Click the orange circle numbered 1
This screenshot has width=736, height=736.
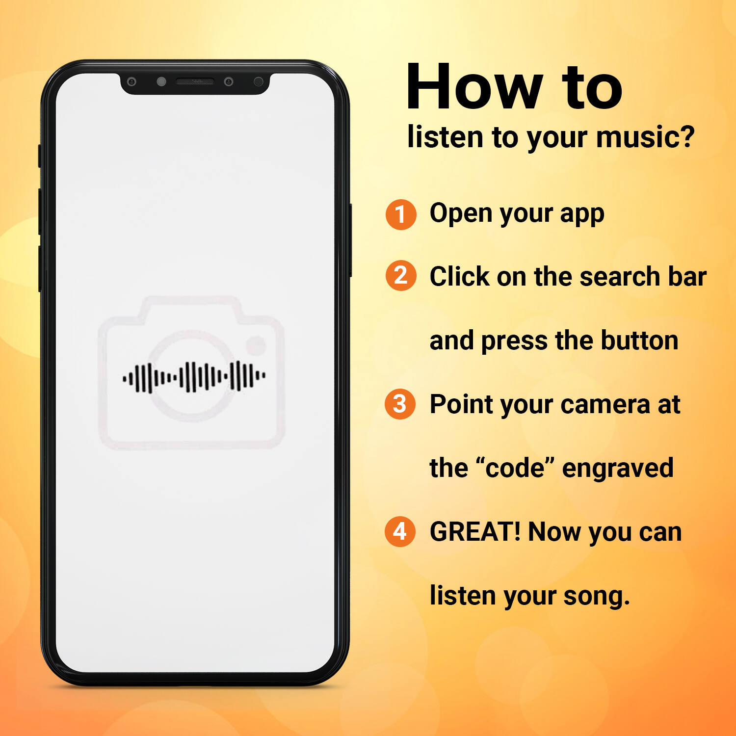pyautogui.click(x=401, y=214)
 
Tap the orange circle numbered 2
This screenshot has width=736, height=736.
pyautogui.click(x=401, y=275)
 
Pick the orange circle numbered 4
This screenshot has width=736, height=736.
pyautogui.click(x=400, y=531)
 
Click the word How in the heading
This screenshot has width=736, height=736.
pyautogui.click(x=475, y=87)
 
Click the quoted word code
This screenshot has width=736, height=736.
pyautogui.click(x=515, y=468)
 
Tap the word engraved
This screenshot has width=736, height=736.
pyautogui.click(x=618, y=469)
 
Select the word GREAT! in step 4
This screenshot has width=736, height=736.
pyautogui.click(x=475, y=532)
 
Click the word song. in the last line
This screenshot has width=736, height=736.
pyautogui.click(x=596, y=597)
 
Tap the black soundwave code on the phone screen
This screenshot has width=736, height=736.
pyautogui.click(x=194, y=377)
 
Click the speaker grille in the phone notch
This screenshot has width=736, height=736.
pyautogui.click(x=195, y=81)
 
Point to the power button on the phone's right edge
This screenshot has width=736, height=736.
pyautogui.click(x=350, y=240)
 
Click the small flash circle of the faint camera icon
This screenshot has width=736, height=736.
pyautogui.click(x=256, y=345)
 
